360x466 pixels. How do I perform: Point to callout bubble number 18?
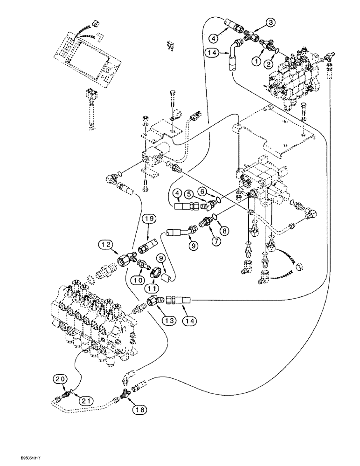point(138,410)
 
